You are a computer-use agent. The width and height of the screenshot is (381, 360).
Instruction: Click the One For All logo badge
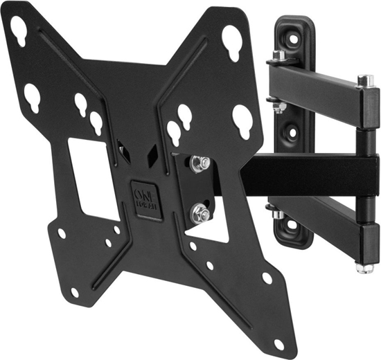pyautogui.click(x=146, y=200)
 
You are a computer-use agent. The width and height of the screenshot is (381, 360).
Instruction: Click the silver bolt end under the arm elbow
pyautogui.click(x=361, y=266)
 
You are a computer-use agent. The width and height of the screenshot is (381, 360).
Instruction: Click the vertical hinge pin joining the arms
pyautogui.click(x=365, y=173)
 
